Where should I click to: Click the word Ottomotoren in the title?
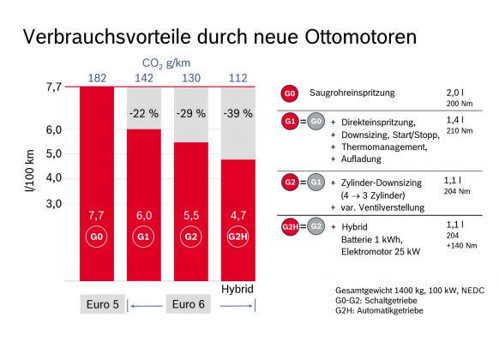coord(361,37)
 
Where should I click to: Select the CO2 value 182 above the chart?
coord(97,78)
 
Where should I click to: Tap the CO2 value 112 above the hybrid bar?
coord(238,78)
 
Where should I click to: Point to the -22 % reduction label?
coord(144,113)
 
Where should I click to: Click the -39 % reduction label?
coord(238,113)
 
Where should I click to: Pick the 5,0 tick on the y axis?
coord(54,154)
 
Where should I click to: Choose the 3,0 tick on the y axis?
coord(54,203)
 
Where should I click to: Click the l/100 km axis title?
coord(30,171)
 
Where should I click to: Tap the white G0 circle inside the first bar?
coord(96,237)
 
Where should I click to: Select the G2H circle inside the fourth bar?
coord(238,237)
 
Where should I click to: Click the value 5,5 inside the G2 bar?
coord(191,216)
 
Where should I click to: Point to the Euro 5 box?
coord(103,304)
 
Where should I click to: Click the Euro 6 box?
coord(188,304)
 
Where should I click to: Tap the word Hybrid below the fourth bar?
coord(237,289)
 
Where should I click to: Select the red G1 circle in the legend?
coord(290,122)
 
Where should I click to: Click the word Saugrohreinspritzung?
coord(352,93)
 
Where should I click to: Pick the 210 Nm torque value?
coord(460,130)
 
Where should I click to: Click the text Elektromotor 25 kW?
coord(381,252)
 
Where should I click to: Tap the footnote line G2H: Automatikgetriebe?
coord(379,310)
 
